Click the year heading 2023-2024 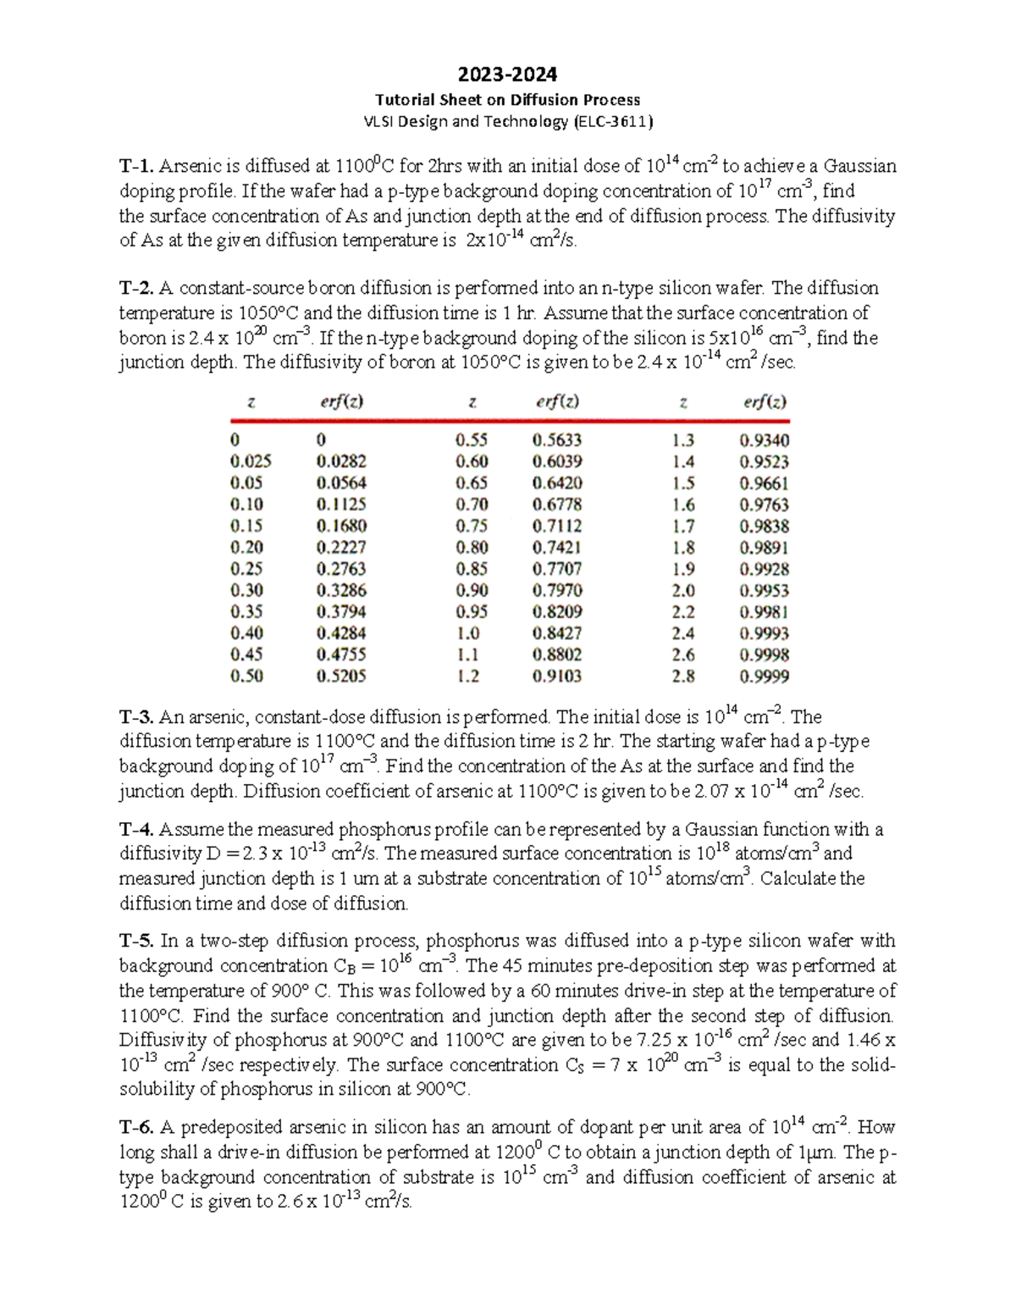[508, 75]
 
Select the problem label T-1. [136, 166]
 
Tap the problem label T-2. [136, 288]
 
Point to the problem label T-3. [136, 717]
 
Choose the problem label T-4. [136, 829]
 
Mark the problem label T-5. [136, 941]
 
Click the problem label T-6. [136, 1128]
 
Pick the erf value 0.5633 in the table [556, 440]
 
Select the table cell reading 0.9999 [764, 677]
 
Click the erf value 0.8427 [556, 633]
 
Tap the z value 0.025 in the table [251, 461]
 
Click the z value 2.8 [683, 677]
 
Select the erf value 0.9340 [764, 440]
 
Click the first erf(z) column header [341, 402]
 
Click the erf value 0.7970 [556, 590]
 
